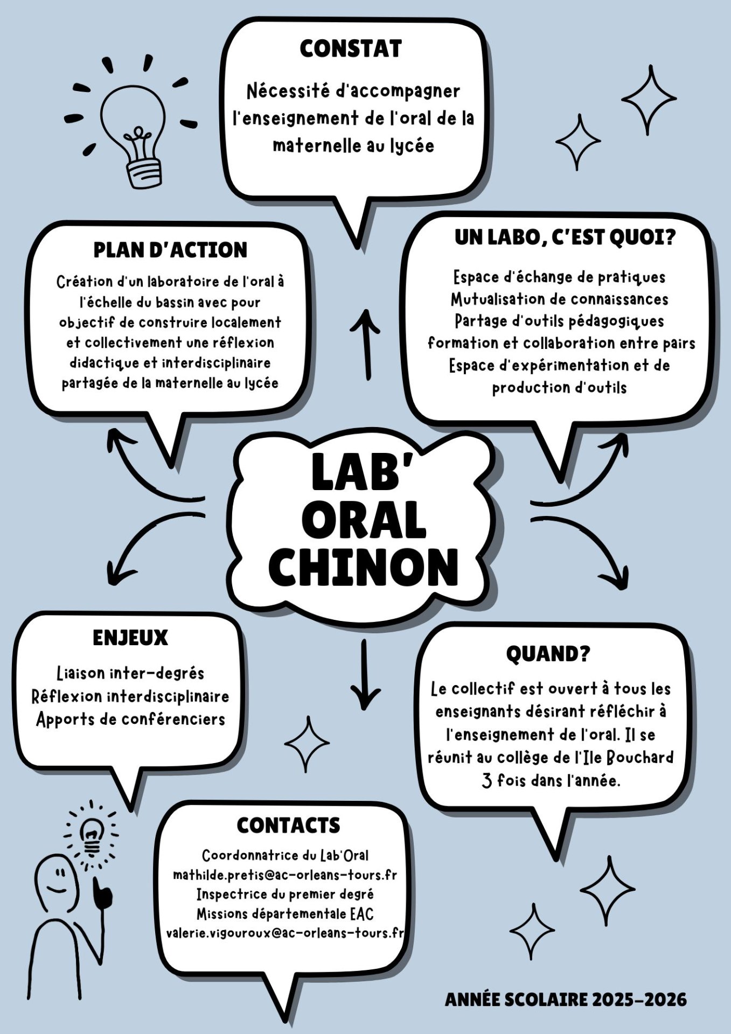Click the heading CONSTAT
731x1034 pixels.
coord(351,48)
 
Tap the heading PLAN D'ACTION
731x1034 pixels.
coord(170,250)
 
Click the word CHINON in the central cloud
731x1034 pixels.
coord(364,568)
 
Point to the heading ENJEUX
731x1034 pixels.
coord(130,638)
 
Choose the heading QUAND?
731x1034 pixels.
coord(548,654)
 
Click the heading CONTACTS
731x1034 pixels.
coord(288,825)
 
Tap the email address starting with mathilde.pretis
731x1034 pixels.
coord(285,875)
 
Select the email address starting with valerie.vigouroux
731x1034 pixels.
coord(285,933)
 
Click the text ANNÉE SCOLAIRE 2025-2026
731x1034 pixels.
coord(566,1000)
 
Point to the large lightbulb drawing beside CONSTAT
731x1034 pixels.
coord(133,135)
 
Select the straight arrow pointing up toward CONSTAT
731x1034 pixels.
coord(367,345)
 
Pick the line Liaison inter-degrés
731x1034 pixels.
coord(130,673)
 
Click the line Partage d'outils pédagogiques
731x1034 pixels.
coord(559,321)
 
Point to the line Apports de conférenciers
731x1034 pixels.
coord(130,719)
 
